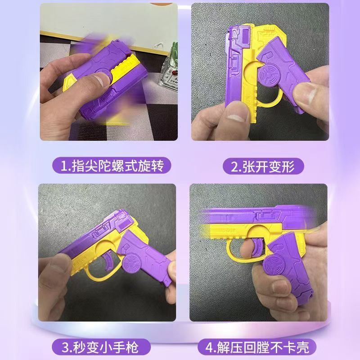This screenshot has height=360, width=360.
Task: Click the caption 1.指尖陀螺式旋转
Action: point(112,166)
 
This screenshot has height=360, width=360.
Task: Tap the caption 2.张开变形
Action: point(263,166)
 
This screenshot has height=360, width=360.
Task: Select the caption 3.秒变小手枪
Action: point(100,347)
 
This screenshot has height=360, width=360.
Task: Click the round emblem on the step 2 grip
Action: point(268,76)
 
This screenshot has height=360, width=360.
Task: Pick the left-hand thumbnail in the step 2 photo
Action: point(237,115)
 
